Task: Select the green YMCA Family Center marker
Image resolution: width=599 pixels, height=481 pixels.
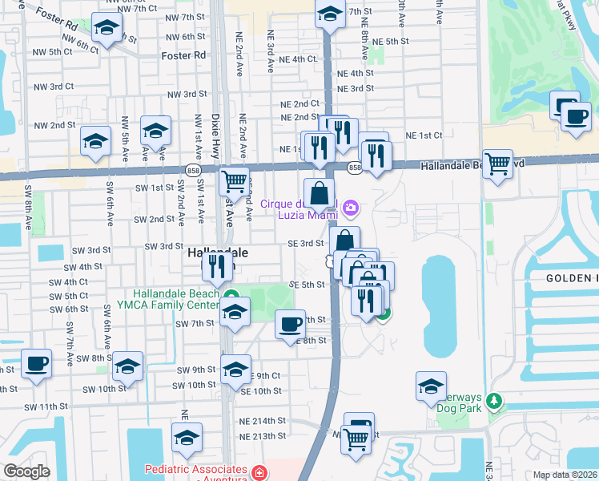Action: coord(231,294)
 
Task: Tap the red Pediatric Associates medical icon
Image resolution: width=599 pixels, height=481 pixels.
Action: coord(259,472)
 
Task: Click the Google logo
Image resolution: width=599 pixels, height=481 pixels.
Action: coord(26,471)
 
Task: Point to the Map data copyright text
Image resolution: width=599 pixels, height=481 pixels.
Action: coord(564,475)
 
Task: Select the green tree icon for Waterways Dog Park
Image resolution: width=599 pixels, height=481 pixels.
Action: coord(495,400)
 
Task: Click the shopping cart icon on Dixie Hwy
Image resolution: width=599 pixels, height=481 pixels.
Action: coord(234,181)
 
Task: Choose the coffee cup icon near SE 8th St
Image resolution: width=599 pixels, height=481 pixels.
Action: coord(290,324)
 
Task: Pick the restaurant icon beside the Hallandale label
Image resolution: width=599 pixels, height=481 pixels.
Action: coord(218,266)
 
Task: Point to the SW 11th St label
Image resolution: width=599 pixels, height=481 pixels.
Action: coord(46,406)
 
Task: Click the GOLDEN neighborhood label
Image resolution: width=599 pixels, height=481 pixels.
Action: coord(572,278)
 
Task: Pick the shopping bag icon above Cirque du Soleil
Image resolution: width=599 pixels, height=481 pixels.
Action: coord(319,192)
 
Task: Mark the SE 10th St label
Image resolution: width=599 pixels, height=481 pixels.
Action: coord(261,391)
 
